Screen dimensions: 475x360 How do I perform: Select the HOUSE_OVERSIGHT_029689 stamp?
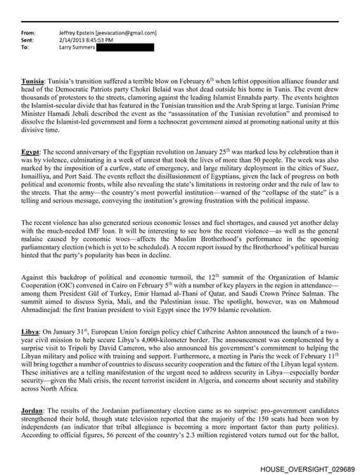(307, 467)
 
